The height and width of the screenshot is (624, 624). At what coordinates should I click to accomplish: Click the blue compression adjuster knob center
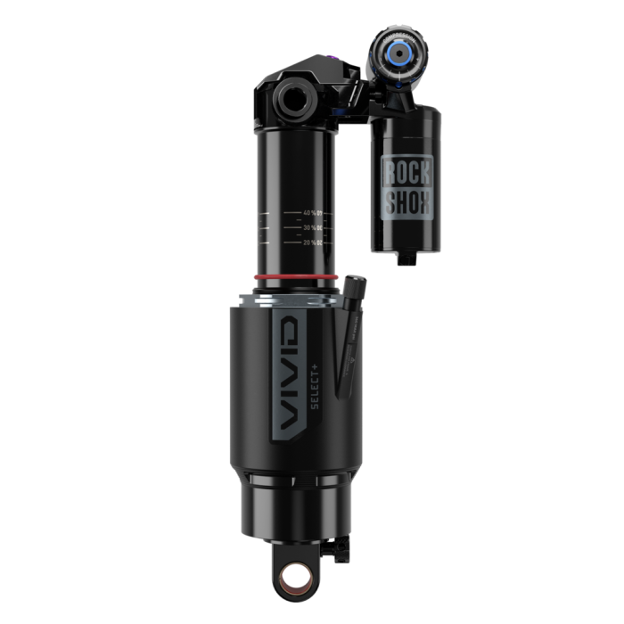[x=400, y=53]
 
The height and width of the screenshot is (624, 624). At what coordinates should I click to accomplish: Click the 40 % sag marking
[x=311, y=213]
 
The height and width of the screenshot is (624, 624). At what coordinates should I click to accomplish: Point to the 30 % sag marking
[x=311, y=227]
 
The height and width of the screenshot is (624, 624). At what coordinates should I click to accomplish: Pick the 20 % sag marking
[x=311, y=242]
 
